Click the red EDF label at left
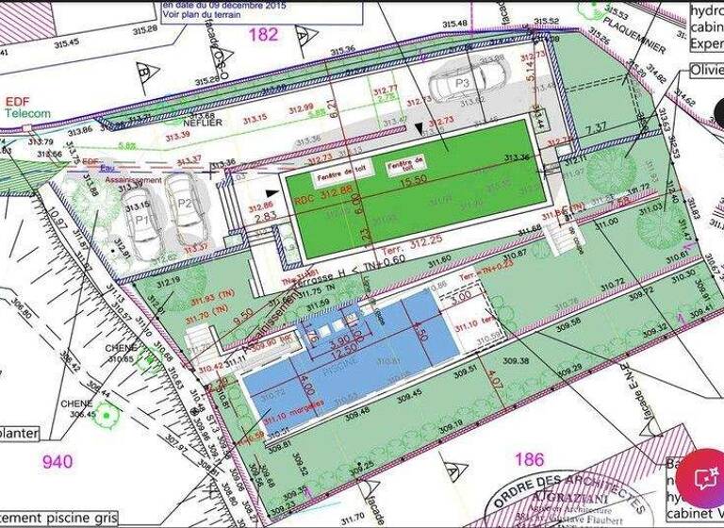coord(18,102)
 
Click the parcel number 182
coord(263,35)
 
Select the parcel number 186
coord(530,459)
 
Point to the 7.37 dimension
coord(596,128)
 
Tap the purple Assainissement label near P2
coord(133,179)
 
